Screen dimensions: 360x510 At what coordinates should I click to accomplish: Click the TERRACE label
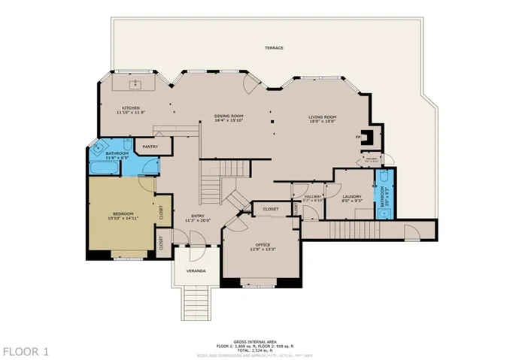(274, 47)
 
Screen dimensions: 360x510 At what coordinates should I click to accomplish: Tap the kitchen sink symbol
(136, 84)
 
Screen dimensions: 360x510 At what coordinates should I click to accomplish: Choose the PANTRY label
(150, 147)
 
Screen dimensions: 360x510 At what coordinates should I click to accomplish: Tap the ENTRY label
(198, 216)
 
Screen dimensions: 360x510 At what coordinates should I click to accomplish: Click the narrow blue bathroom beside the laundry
(384, 193)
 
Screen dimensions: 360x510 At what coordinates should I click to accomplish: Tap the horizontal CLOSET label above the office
(271, 209)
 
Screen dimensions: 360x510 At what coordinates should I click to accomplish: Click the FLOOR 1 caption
(26, 351)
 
